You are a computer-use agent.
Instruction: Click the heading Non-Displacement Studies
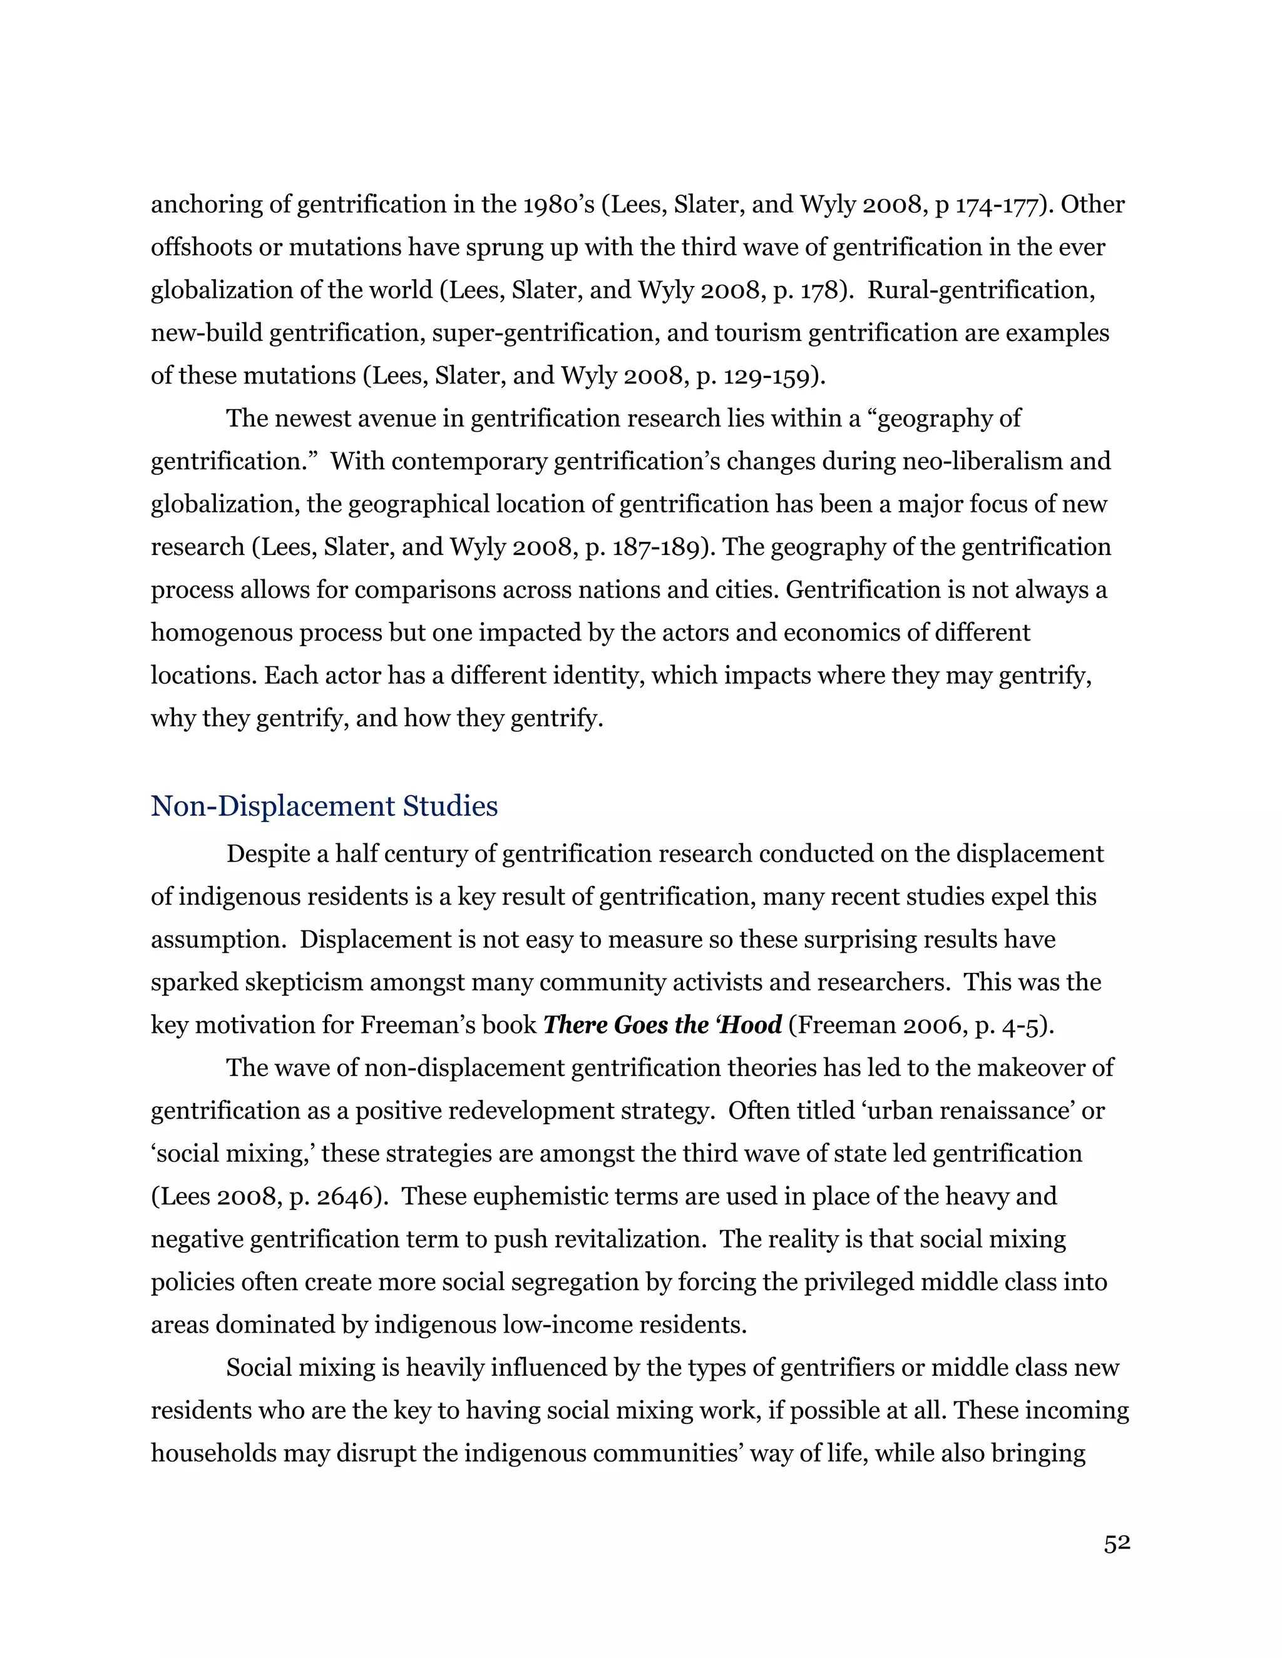(324, 806)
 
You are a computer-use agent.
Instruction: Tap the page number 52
(1117, 1544)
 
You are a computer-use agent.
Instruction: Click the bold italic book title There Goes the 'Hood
(662, 1025)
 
